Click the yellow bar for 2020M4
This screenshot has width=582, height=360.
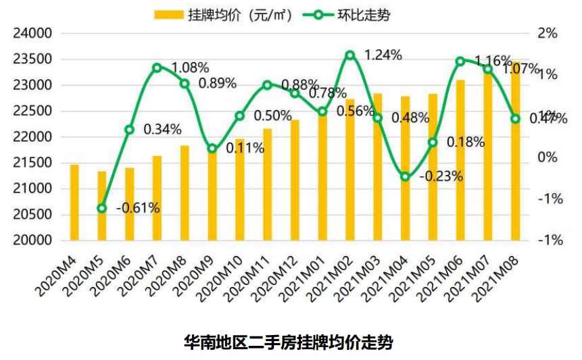[x=74, y=203]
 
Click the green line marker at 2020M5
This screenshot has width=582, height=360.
[x=102, y=209]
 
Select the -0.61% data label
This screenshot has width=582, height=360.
[x=138, y=208]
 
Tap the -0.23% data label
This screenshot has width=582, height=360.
[x=441, y=177]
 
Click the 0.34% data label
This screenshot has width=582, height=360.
[x=162, y=129]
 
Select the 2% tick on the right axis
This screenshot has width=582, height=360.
[x=548, y=34]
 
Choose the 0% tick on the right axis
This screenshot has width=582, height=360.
[x=548, y=157]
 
